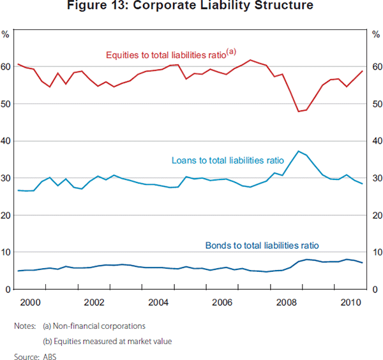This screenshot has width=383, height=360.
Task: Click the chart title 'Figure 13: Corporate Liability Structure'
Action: coord(191,6)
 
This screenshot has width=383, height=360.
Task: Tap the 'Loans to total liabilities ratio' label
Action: coord(228,160)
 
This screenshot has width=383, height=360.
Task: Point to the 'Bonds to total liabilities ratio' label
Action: coord(261,245)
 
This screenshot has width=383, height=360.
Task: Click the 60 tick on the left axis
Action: coord(6,67)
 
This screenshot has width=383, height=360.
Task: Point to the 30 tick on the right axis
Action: coord(377,178)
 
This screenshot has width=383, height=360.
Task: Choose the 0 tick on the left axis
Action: coord(8,290)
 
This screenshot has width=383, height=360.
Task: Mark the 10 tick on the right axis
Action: coord(377,253)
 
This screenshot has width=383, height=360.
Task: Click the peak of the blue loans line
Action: coord(298,151)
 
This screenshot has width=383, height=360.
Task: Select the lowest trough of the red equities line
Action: coord(298,112)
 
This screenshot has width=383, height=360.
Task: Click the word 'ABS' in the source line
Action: coord(49,356)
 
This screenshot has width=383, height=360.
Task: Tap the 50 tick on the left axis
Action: coord(6,104)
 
